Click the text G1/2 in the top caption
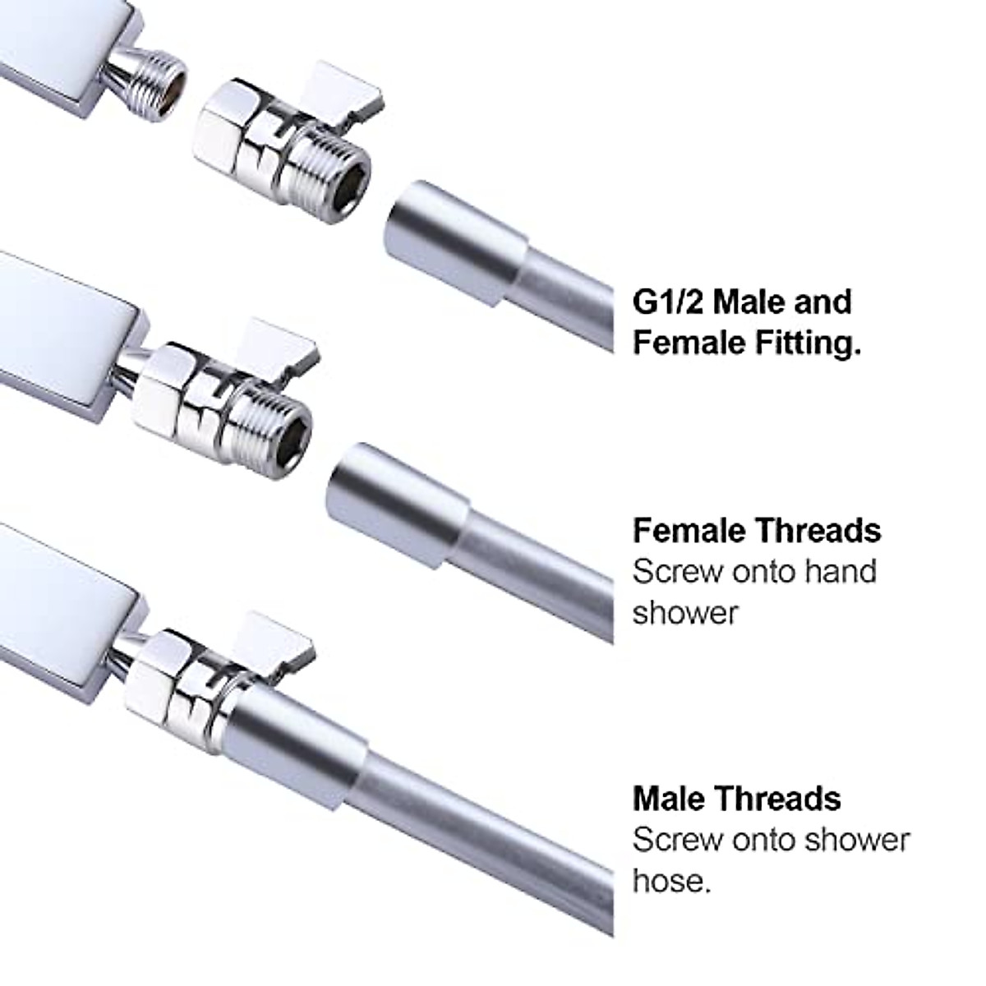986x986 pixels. pos(666,302)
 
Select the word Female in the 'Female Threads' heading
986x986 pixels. pos(687,531)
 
